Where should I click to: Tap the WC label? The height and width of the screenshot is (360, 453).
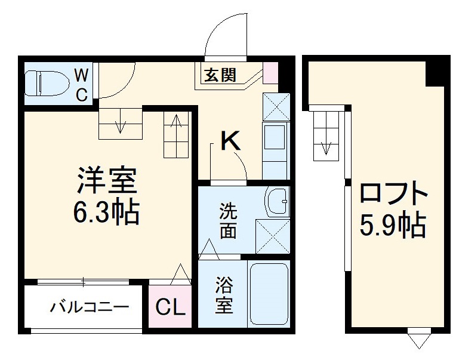coord(81,84)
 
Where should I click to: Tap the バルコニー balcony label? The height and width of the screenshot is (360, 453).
coord(89,308)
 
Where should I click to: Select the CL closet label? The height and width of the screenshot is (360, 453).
coord(171,308)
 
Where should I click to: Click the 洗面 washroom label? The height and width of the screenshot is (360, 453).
coord(227,221)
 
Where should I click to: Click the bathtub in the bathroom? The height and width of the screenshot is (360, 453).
coord(269,294)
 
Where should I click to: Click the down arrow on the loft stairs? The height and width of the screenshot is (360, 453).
coord(326,145)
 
